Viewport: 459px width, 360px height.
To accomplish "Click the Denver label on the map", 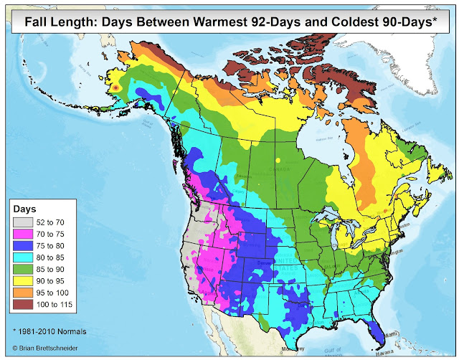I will [266, 263].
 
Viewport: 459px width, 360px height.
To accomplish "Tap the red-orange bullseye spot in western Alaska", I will [115, 87].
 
